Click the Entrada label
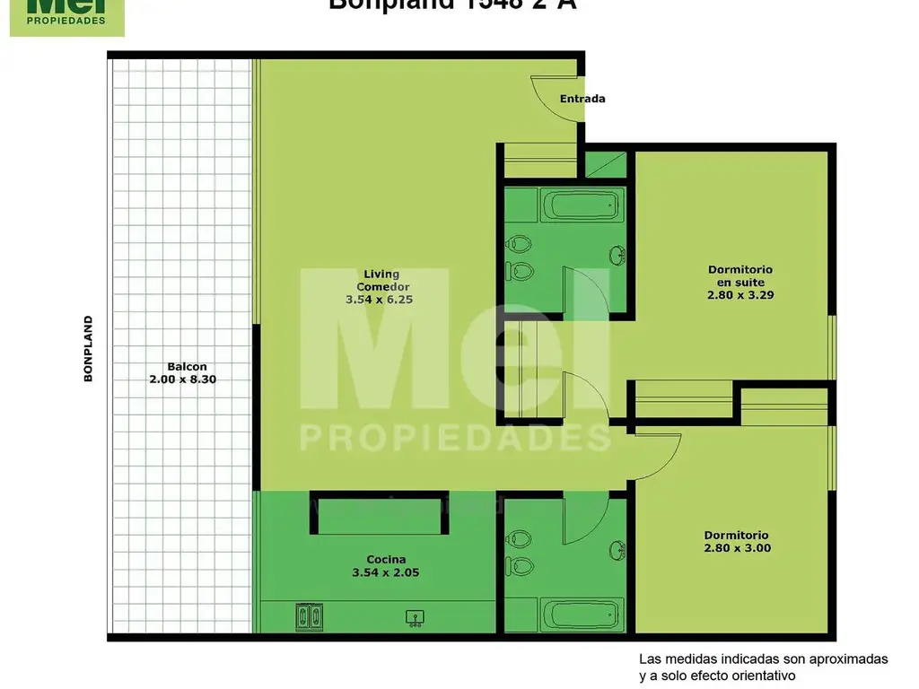[582, 99]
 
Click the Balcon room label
[187, 366]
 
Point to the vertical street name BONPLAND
[88, 348]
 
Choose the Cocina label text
[386, 560]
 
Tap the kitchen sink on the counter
[415, 616]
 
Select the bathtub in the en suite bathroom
[583, 208]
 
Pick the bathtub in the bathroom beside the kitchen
[583, 615]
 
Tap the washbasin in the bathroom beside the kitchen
[617, 548]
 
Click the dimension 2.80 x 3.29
[740, 294]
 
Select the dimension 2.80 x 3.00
[737, 548]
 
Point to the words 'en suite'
[740, 282]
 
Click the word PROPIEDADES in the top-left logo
[66, 20]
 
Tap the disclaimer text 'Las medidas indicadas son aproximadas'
[763, 659]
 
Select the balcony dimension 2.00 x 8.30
[183, 379]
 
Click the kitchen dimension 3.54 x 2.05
[386, 572]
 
